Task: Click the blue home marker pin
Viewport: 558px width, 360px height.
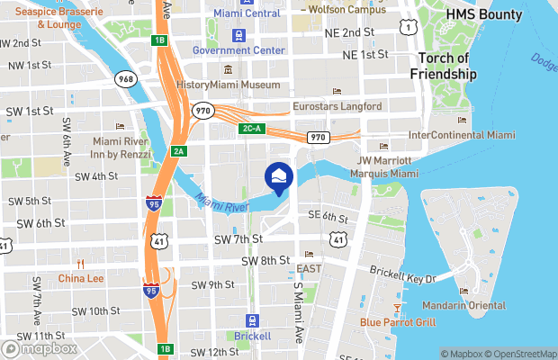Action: [x=279, y=178]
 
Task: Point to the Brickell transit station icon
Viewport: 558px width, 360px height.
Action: [x=252, y=321]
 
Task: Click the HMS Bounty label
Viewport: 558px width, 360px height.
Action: [x=477, y=15]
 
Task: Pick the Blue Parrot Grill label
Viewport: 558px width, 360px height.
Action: [x=398, y=321]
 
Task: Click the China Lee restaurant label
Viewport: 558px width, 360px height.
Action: [x=81, y=278]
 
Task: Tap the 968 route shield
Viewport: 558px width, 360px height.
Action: [x=125, y=80]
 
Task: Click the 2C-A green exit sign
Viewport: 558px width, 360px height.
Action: [x=252, y=129]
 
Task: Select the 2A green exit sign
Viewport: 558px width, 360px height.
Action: [x=178, y=151]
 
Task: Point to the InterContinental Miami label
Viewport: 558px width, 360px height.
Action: [x=462, y=135]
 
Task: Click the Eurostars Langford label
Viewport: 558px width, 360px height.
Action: [x=337, y=106]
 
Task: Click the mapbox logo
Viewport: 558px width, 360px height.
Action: [x=40, y=347]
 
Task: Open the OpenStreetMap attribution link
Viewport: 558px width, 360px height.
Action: [x=517, y=353]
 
